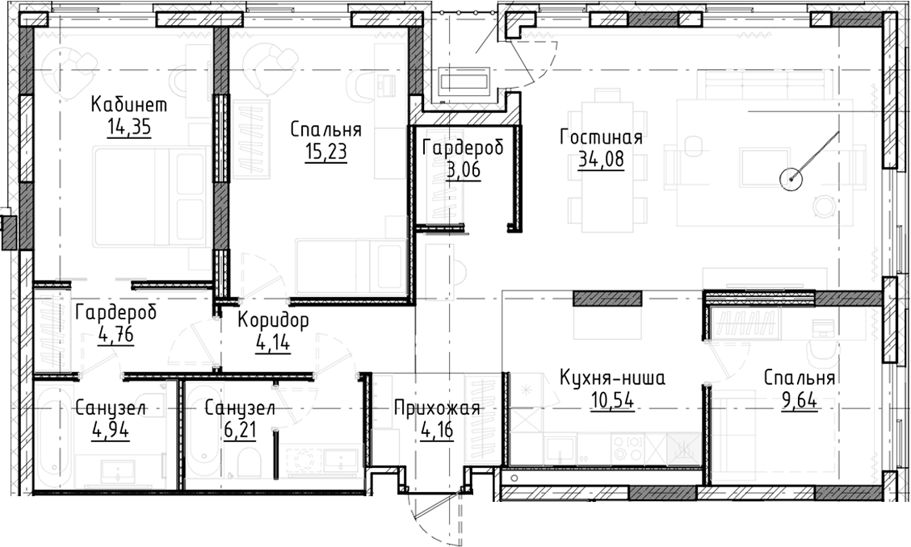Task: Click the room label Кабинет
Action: (128, 104)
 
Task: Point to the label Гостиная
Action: (601, 136)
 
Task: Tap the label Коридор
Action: (273, 320)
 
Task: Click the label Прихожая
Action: (437, 408)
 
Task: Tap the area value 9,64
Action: (798, 399)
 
